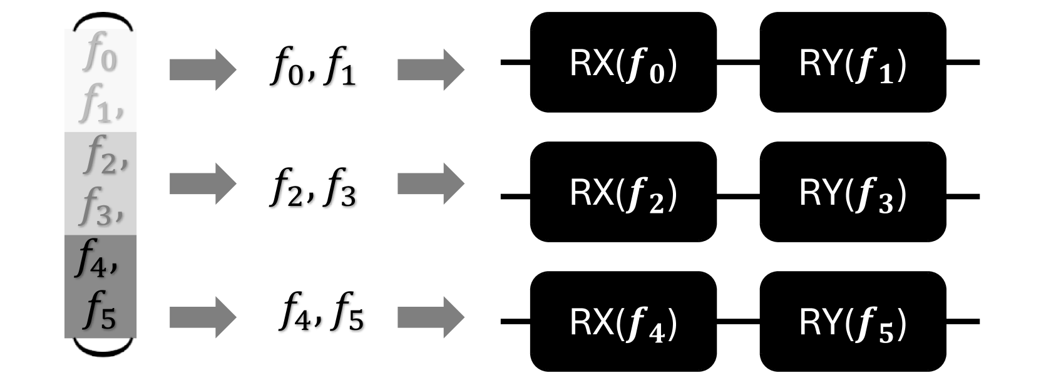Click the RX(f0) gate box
(x=623, y=63)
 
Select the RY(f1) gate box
(x=853, y=63)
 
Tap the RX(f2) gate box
(x=623, y=192)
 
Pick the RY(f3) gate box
(x=853, y=192)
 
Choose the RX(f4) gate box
(x=623, y=322)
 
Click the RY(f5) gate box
(x=853, y=322)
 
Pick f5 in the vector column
(x=100, y=313)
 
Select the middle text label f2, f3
(x=313, y=188)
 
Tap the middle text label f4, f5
(x=321, y=312)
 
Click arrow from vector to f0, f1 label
(x=202, y=69)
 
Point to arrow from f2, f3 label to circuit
(x=430, y=183)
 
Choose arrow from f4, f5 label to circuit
(x=430, y=316)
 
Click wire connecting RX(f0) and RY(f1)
(x=738, y=63)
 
